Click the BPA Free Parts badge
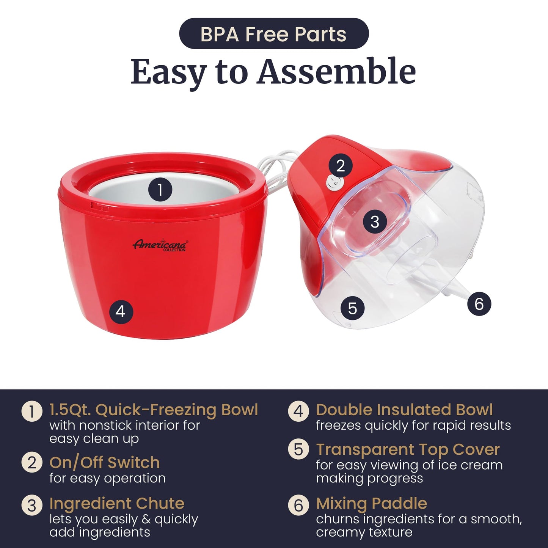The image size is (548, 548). click(274, 34)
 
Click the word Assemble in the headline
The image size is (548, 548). click(336, 72)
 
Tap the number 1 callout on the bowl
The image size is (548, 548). click(160, 189)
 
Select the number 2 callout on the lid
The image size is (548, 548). click(340, 166)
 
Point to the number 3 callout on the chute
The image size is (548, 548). click(375, 222)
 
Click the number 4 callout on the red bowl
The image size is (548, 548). click(121, 311)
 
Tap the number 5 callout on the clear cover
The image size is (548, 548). click(352, 308)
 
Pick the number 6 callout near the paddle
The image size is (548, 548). click(479, 304)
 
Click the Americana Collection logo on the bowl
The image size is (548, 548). click(160, 245)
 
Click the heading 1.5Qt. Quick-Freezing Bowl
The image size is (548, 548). click(154, 410)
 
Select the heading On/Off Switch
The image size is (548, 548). click(104, 462)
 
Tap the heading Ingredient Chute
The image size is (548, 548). click(117, 503)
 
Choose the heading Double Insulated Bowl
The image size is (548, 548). click(404, 410)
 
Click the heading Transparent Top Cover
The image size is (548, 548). click(408, 449)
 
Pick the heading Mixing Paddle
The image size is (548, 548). click(372, 503)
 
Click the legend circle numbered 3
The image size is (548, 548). click(32, 506)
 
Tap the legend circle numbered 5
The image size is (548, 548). click(298, 449)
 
